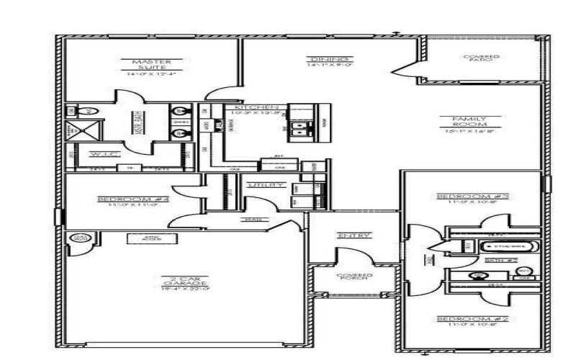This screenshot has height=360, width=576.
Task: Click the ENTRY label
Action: pyautogui.click(x=354, y=235)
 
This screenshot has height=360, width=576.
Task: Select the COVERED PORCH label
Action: pyautogui.click(x=354, y=276)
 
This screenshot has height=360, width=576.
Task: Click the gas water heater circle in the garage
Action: pyautogui.click(x=78, y=238)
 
